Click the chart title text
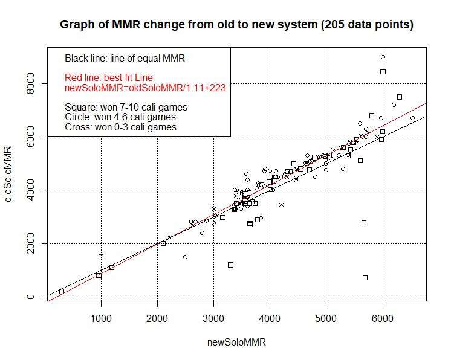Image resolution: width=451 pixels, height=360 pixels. pyautogui.click(x=236, y=25)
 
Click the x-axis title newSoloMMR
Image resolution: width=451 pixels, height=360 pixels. pyautogui.click(x=236, y=342)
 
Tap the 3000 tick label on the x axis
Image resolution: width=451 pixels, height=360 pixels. pyautogui.click(x=213, y=318)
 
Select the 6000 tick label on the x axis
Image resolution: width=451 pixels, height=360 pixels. pyautogui.click(x=382, y=318)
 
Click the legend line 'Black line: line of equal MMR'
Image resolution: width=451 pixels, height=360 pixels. pyautogui.click(x=125, y=59)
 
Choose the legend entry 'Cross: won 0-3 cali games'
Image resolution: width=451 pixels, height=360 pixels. pyautogui.click(x=121, y=127)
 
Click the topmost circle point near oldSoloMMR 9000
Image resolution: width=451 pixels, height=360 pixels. pyautogui.click(x=383, y=57)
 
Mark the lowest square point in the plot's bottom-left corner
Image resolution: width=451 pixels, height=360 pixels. pyautogui.click(x=62, y=291)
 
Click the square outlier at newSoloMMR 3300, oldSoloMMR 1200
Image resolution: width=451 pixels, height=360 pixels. pyautogui.click(x=230, y=265)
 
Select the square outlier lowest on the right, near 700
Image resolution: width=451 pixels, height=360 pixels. pyautogui.click(x=365, y=278)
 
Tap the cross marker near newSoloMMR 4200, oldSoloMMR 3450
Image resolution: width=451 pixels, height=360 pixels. pyautogui.click(x=281, y=205)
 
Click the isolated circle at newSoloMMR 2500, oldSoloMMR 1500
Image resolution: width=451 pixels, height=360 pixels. pyautogui.click(x=185, y=257)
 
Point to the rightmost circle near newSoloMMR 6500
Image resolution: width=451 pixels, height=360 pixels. pyautogui.click(x=412, y=118)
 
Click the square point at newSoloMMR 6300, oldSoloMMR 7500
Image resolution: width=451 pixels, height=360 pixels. pyautogui.click(x=399, y=97)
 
